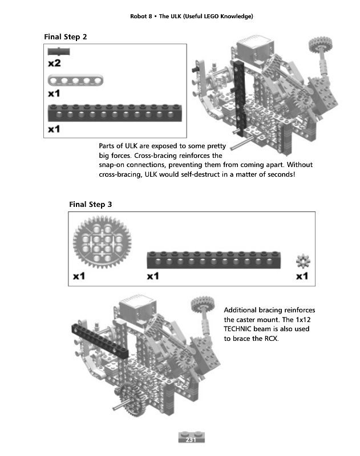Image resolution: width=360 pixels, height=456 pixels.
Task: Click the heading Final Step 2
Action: click(x=66, y=37)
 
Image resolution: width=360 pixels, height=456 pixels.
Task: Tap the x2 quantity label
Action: click(x=55, y=64)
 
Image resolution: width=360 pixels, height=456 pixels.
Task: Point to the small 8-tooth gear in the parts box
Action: click(x=303, y=262)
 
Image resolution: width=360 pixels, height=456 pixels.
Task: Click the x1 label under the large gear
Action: click(x=79, y=277)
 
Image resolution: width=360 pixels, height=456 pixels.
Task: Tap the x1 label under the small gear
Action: click(x=302, y=277)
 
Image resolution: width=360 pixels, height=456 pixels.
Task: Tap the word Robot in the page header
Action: click(x=140, y=16)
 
